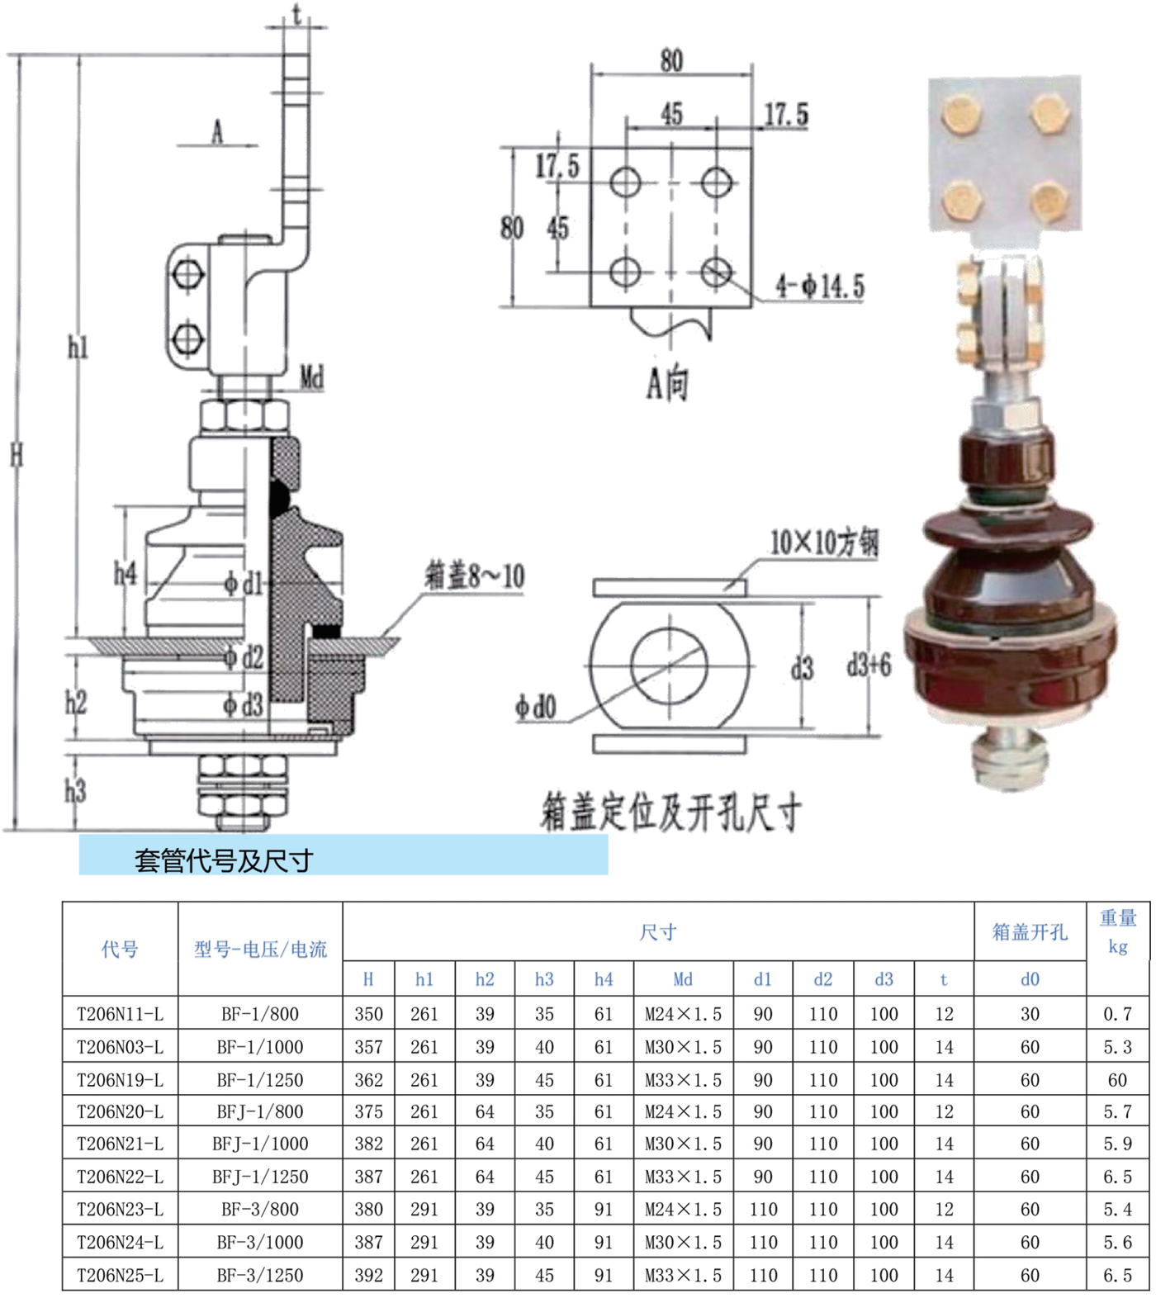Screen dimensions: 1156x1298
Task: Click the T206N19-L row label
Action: (120, 1079)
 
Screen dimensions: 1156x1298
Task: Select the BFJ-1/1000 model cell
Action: (260, 1144)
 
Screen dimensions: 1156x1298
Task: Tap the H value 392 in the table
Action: (368, 1275)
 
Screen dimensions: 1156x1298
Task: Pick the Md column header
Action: (683, 979)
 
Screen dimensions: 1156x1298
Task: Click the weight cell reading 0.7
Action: (1117, 1013)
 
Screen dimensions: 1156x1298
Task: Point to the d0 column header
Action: (1030, 979)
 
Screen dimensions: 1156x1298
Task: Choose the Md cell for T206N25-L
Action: (683, 1275)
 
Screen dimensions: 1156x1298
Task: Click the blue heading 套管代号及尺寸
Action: (224, 860)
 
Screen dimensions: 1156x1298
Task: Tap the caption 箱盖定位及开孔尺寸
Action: (670, 812)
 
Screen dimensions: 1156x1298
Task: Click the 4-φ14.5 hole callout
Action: (820, 287)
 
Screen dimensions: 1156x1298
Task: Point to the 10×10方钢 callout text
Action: (824, 542)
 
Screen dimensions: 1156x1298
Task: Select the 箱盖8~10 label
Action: (475, 576)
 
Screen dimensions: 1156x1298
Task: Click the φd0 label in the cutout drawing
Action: (536, 707)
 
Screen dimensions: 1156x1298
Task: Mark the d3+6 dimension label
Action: (869, 665)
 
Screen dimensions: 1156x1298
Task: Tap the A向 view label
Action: (667, 383)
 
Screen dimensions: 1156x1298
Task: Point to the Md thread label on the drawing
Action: (312, 378)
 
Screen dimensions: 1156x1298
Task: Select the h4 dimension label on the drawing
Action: (125, 572)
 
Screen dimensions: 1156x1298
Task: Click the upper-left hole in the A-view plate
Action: (625, 182)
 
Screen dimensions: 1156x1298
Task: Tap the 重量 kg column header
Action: (1118, 931)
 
